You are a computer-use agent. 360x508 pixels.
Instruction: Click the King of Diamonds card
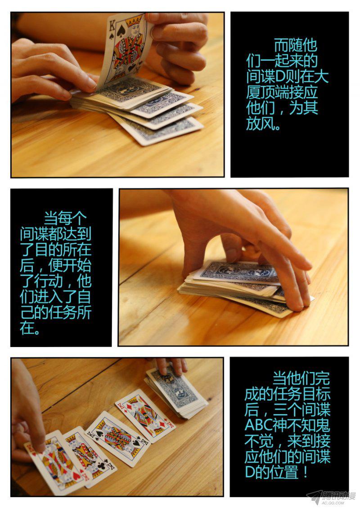(x=145, y=415)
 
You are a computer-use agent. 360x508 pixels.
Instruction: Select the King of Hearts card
(x=57, y=463)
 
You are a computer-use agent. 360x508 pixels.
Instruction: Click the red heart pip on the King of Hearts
(x=76, y=476)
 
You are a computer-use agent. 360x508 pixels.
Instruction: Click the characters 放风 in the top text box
(x=260, y=124)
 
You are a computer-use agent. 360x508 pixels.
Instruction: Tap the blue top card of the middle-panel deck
(x=239, y=272)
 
